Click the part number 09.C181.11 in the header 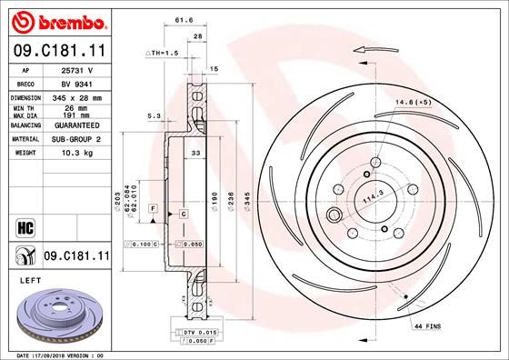pos(58,51)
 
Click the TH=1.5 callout pos(161,55)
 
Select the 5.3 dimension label pos(154,115)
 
